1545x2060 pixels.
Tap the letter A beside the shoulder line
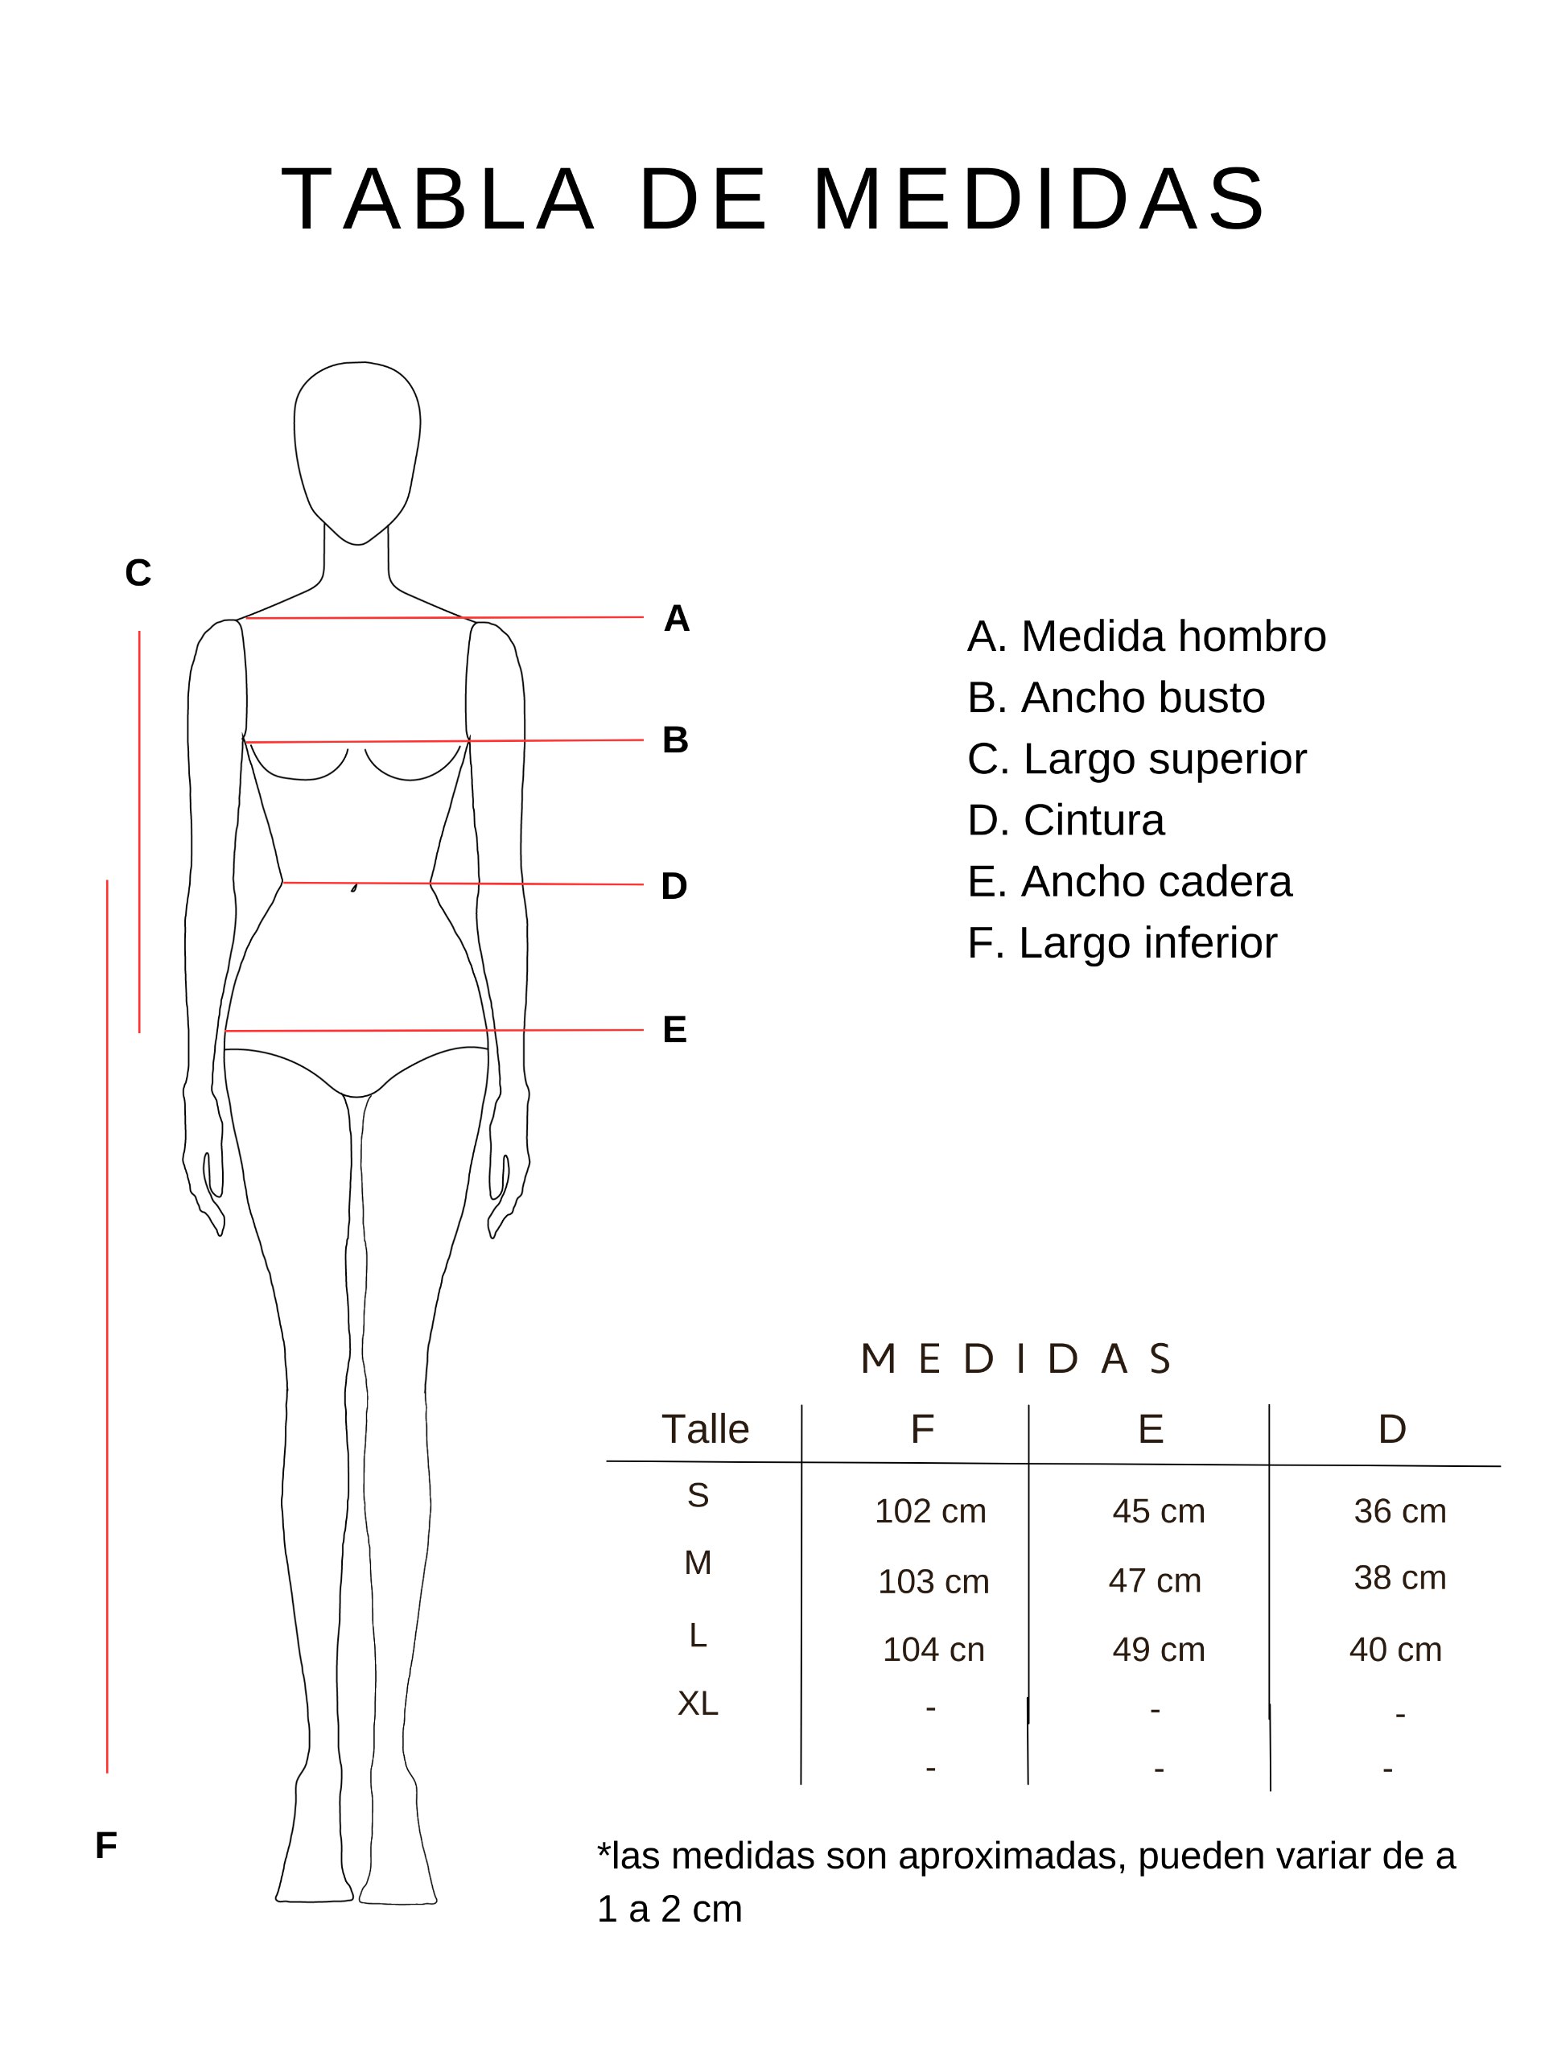tap(676, 618)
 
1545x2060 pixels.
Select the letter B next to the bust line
tap(675, 740)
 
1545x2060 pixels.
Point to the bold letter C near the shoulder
tap(138, 573)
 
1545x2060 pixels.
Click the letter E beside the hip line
tap(674, 1029)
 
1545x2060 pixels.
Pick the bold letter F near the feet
tap(106, 1845)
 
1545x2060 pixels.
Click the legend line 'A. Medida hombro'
tap(1147, 637)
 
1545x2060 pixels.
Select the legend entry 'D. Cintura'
tap(1065, 821)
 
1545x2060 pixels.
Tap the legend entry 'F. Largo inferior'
tap(1123, 943)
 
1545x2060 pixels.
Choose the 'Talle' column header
tap(705, 1428)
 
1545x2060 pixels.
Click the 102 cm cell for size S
tap(930, 1510)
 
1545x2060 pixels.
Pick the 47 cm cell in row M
tap(1155, 1580)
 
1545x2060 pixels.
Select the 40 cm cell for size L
tap(1395, 1650)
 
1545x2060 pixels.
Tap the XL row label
tap(698, 1704)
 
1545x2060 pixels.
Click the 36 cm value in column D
tap(1399, 1510)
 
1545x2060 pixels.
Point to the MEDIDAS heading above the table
tap(1016, 1359)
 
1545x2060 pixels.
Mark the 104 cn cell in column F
tap(933, 1650)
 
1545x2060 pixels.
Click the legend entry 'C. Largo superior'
tap(1137, 760)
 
